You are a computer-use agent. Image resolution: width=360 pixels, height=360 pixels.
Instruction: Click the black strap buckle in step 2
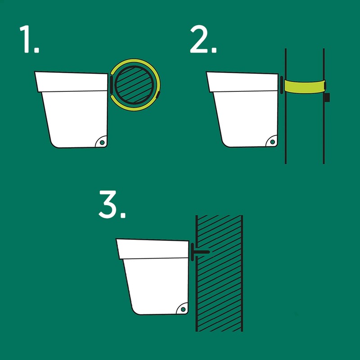click(328, 97)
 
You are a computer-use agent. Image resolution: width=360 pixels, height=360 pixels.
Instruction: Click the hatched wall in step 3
click(220, 288)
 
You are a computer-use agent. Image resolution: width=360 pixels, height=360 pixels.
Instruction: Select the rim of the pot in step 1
click(72, 81)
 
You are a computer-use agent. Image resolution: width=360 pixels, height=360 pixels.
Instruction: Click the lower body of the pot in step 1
click(74, 117)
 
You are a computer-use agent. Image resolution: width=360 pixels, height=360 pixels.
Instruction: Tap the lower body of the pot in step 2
click(245, 117)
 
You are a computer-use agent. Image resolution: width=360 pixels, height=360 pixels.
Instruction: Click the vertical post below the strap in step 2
click(304, 130)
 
